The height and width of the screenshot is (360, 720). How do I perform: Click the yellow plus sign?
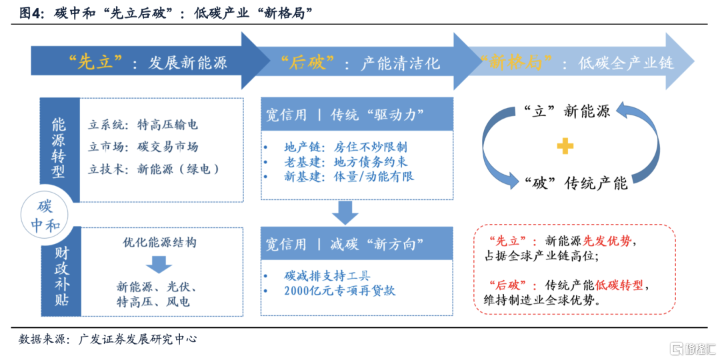point(565,147)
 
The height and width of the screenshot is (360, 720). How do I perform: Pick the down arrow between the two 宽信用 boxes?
point(344,213)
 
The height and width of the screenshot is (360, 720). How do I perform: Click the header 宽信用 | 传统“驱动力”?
point(343,115)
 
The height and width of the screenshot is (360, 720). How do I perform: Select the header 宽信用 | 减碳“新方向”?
point(343,244)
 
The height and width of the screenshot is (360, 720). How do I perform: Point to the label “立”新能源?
point(567,111)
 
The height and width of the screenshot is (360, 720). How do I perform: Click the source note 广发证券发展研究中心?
point(138,340)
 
